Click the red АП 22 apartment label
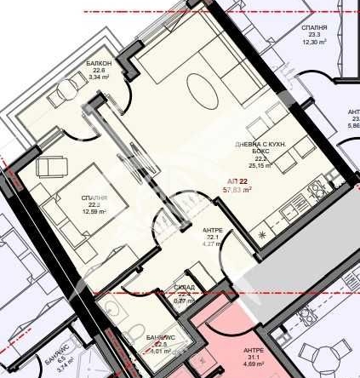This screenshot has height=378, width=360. point(237,182)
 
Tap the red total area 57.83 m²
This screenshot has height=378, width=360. point(237,191)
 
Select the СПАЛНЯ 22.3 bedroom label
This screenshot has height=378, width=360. point(94,201)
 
